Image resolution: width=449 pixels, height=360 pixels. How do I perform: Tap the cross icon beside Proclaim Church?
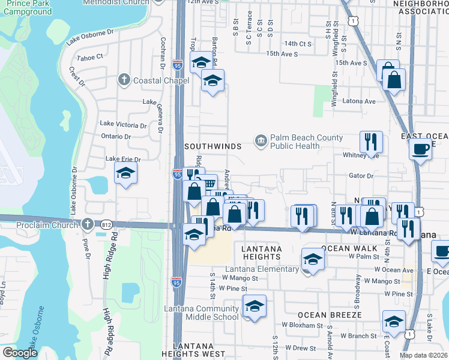coord(88,224)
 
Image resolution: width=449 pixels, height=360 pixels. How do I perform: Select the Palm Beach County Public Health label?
coord(306,142)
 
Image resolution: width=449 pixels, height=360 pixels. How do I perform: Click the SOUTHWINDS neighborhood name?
coord(212,146)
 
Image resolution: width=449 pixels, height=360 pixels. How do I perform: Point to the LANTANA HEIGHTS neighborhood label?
coord(261,253)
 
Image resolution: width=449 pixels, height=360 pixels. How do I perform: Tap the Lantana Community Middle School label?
coord(201,313)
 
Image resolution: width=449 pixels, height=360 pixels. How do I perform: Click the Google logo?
coord(20,353)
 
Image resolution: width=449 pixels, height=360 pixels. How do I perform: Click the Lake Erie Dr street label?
coord(122,160)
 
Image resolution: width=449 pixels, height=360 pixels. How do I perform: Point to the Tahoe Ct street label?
coord(90,57)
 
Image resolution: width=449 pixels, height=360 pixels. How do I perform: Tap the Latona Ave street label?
coord(358,101)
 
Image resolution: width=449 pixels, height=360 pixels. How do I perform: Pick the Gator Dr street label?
coord(361,176)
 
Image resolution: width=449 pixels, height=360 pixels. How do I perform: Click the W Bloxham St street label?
coord(303,326)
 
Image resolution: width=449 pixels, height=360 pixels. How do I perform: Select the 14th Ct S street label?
coord(298,44)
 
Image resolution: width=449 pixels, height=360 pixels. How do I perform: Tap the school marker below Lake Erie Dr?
coord(125,174)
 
